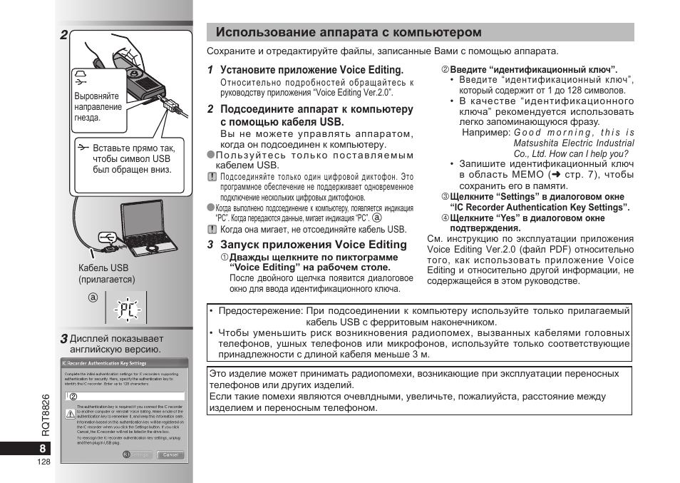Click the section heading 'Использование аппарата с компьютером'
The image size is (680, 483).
(x=349, y=33)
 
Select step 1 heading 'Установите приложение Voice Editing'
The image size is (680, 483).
(x=311, y=70)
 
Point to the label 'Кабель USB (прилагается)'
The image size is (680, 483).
(x=106, y=274)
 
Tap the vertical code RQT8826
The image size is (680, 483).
(x=45, y=415)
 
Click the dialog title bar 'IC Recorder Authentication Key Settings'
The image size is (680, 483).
(x=105, y=363)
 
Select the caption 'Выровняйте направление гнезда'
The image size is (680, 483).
(x=98, y=106)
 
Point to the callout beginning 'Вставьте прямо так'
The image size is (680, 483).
(x=132, y=159)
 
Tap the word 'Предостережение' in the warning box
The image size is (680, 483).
(x=259, y=311)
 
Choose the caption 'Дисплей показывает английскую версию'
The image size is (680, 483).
(x=116, y=345)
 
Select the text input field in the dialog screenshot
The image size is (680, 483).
(x=128, y=395)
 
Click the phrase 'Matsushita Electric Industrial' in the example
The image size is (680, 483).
(x=574, y=143)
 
